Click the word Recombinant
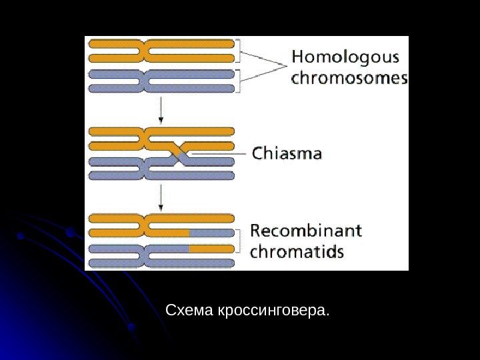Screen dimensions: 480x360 [x=306, y=231]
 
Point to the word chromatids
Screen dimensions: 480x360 [x=297, y=252]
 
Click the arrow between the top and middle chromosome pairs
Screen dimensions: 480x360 [x=161, y=110]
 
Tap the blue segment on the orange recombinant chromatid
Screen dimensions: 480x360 [x=211, y=233]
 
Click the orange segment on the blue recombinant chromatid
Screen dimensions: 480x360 [x=211, y=248]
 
